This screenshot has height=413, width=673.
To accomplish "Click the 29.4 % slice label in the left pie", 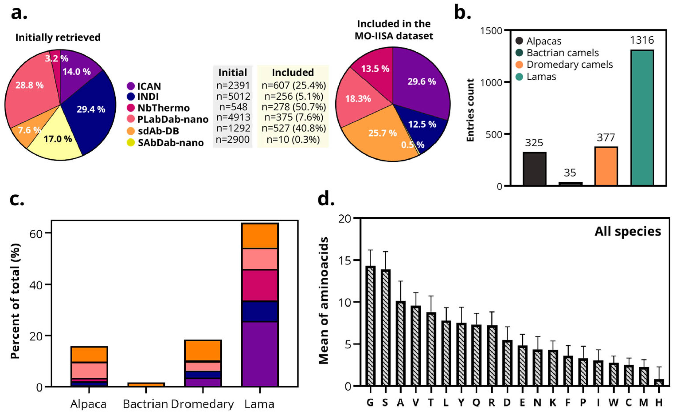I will [91, 109].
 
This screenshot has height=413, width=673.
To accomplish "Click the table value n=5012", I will [233, 96].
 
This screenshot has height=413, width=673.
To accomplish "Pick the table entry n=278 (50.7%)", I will [294, 107].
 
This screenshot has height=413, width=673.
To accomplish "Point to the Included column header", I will [293, 73].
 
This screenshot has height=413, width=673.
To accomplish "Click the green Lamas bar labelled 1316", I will [642, 118].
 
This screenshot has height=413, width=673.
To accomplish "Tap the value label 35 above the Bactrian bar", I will [570, 173].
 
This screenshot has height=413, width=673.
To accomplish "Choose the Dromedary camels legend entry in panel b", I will [570, 65].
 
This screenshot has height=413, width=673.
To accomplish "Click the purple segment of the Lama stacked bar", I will [260, 354].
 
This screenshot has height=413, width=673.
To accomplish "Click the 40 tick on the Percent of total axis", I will [36, 285].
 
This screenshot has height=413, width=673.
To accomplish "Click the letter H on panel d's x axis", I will [659, 402].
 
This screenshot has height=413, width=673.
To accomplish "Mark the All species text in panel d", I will [627, 232].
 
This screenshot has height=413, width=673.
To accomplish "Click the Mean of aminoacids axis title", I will [324, 301].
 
